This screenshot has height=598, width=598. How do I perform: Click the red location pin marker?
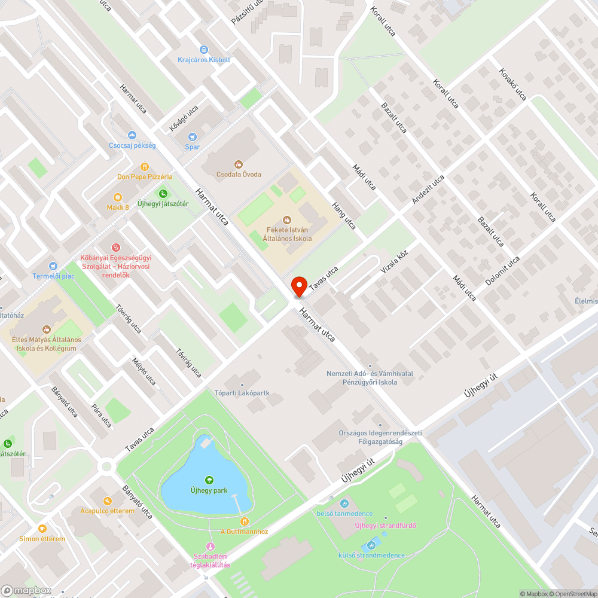pyautogui.click(x=298, y=286)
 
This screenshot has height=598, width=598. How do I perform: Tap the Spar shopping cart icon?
pyautogui.click(x=192, y=137)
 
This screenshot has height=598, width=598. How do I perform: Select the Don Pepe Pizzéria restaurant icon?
pyautogui.click(x=144, y=167)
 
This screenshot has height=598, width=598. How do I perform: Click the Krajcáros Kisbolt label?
pyautogui.click(x=204, y=60)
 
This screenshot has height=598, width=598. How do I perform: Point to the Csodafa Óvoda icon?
pyautogui.click(x=239, y=163)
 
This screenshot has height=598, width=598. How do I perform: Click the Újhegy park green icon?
pyautogui.click(x=209, y=480)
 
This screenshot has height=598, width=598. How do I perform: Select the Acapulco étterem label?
pyautogui.click(x=107, y=511)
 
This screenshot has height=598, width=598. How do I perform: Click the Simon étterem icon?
pyautogui.click(x=42, y=529)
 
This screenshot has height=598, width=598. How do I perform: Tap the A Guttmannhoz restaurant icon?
pyautogui.click(x=243, y=521)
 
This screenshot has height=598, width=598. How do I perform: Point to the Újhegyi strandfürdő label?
pyautogui.click(x=385, y=526)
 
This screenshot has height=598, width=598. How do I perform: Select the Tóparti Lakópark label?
pyautogui.click(x=242, y=393)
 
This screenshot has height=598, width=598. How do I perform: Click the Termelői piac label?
pyautogui.click(x=54, y=276)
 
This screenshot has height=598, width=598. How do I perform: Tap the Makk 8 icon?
pyautogui.click(x=118, y=197)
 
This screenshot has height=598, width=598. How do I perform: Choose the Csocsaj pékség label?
pyautogui.click(x=132, y=145)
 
